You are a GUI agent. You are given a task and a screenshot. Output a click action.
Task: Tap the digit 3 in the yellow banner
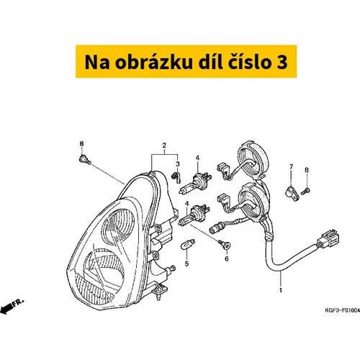pos(282,62)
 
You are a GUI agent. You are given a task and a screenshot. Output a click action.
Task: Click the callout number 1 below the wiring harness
pos(281,291)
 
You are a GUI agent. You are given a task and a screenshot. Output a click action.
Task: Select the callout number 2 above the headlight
pos(164,145)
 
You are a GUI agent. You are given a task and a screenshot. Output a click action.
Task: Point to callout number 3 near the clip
pos(178,164)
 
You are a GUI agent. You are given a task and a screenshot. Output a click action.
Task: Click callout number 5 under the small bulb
pos(186,264)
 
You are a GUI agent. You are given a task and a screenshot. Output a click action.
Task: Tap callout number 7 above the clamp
pos(291,166)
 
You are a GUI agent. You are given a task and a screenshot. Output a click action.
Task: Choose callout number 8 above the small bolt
pos(307,170)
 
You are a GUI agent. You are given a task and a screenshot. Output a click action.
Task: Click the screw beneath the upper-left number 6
pos(85,160)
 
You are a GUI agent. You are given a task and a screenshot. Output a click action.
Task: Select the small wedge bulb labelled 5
pos(188,245)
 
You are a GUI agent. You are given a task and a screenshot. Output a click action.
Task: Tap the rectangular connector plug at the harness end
pos(327,239)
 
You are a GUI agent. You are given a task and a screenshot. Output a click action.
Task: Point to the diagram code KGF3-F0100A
pos(343,310)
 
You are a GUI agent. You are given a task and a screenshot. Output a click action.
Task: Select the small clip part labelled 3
pos(176,177)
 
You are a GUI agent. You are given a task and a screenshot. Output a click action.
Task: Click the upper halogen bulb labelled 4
pos(196,181)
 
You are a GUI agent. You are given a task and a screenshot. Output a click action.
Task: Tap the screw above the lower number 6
pos(225,244)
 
